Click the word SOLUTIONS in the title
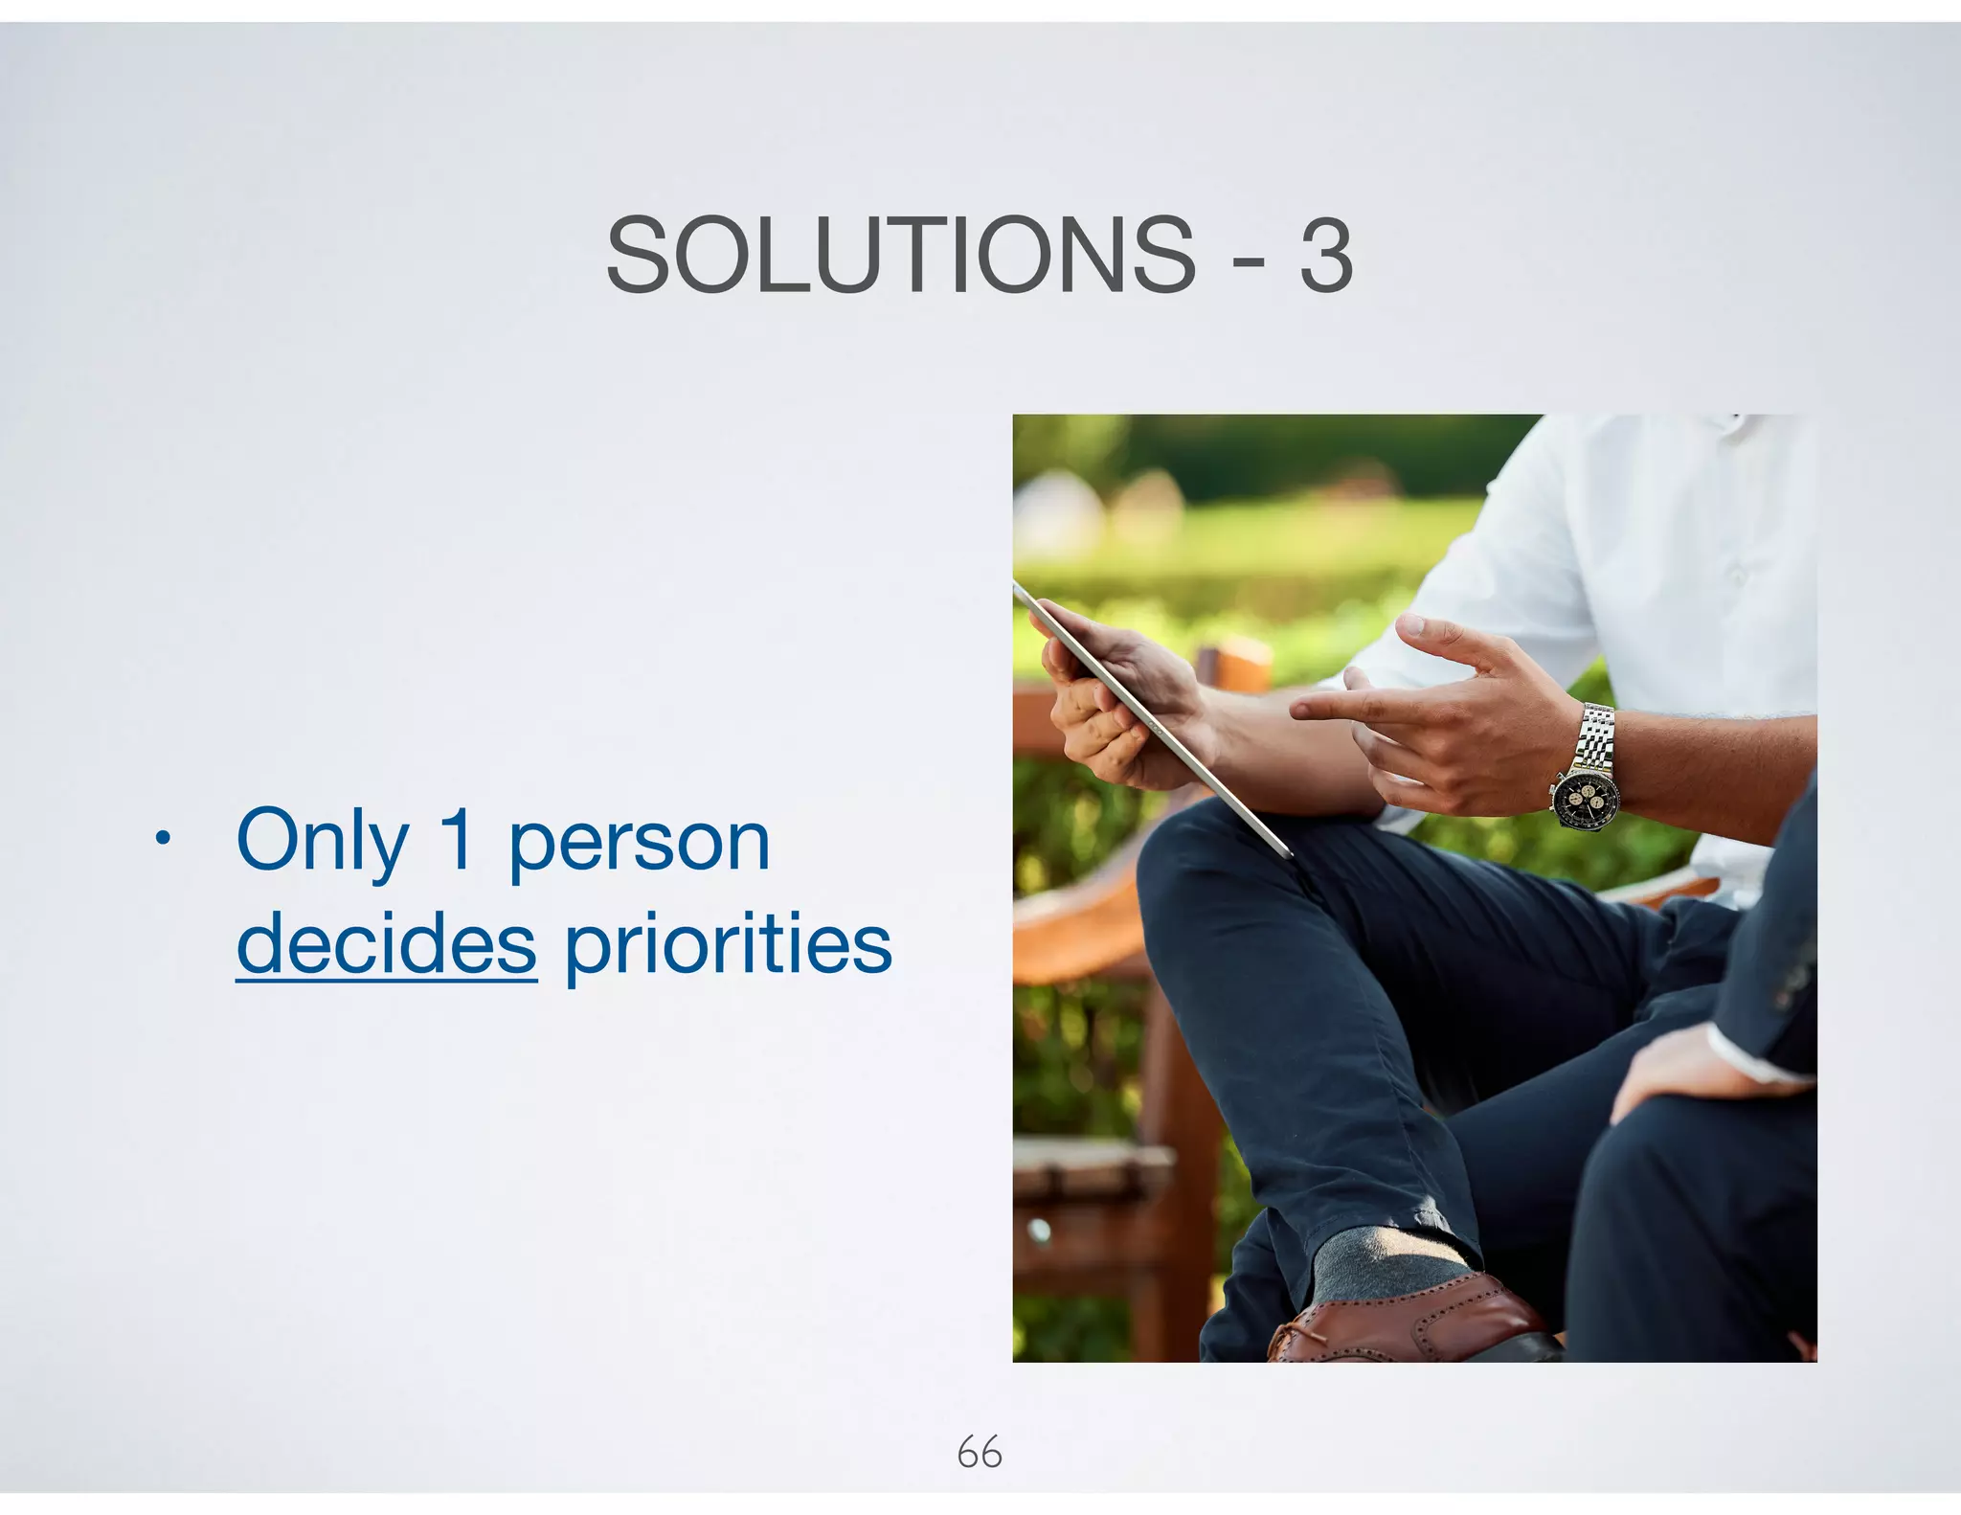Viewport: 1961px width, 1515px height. [900, 255]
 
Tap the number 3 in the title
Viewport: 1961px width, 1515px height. [1326, 257]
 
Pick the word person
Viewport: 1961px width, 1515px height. [639, 843]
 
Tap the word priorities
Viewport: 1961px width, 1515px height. [728, 946]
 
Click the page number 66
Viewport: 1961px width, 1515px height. [979, 1453]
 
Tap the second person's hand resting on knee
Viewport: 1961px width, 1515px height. [1685, 1063]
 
